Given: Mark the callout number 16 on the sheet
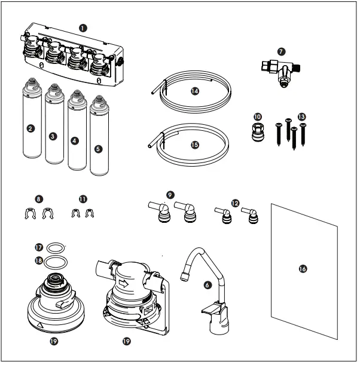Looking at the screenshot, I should [x=303, y=269].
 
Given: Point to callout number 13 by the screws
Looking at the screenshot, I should [x=301, y=116].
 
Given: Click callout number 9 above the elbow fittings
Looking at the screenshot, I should [x=172, y=195].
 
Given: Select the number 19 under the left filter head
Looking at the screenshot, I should [x=55, y=343].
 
